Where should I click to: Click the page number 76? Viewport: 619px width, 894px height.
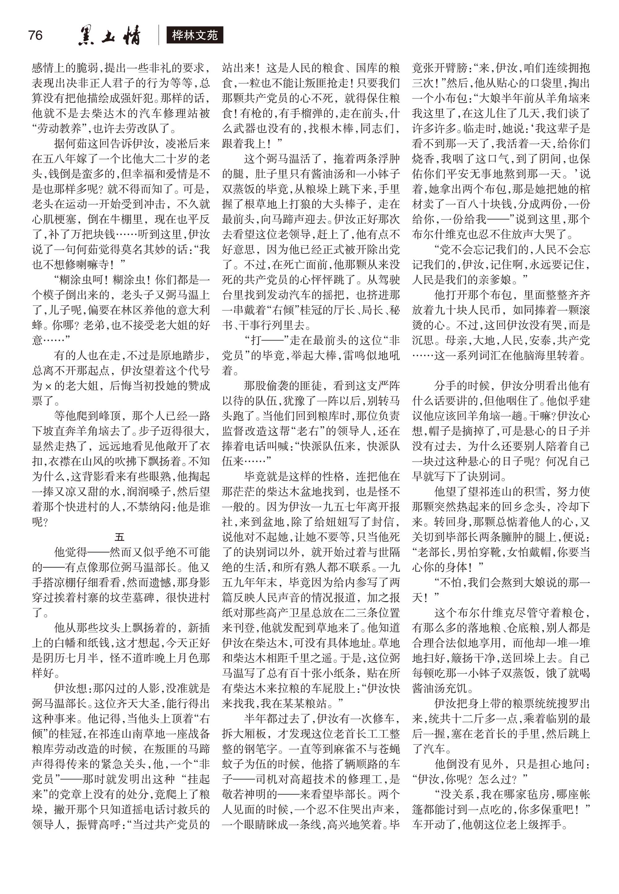pyautogui.click(x=35, y=35)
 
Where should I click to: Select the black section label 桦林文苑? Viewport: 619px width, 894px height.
pyautogui.click(x=195, y=36)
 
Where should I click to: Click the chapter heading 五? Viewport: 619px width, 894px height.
pyautogui.click(x=119, y=537)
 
